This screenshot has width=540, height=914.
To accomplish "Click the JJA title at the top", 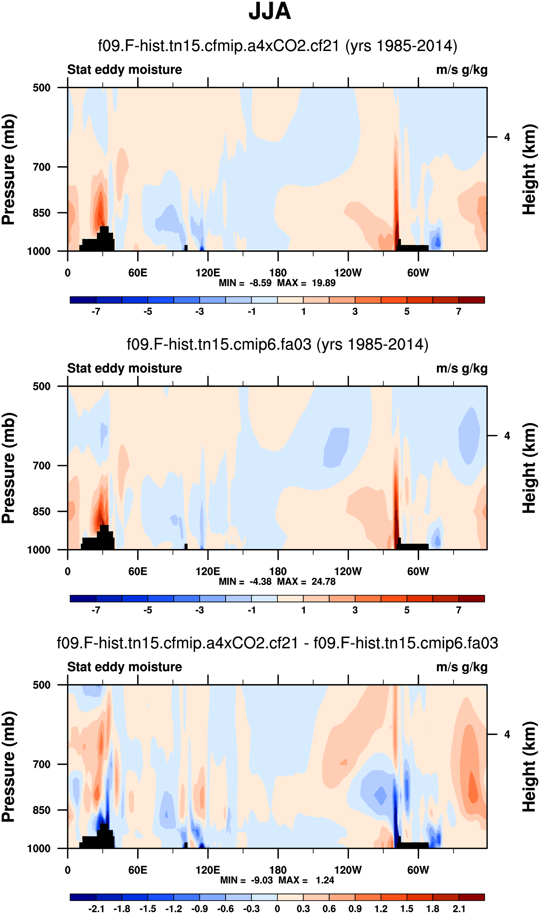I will (270, 12).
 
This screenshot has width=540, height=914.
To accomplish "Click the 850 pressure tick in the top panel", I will (41, 213).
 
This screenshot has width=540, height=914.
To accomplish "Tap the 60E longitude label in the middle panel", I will (137, 571).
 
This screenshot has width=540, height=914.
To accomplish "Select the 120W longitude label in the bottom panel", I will (348, 870).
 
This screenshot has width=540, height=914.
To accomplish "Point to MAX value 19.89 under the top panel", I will (323, 283).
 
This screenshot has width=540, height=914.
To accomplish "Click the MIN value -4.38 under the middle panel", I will (260, 581).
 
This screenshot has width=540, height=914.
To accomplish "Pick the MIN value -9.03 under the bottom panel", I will (262, 880).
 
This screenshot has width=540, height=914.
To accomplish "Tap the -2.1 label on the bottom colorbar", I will (96, 908).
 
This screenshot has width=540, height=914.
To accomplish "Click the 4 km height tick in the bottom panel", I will (507, 734).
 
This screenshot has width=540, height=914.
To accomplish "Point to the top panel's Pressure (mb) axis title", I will (9, 169).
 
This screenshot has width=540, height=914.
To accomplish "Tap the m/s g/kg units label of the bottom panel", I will (461, 667).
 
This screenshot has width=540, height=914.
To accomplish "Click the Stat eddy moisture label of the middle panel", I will (125, 368).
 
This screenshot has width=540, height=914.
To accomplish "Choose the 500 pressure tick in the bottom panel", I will (41, 685).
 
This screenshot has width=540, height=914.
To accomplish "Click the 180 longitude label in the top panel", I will (278, 273).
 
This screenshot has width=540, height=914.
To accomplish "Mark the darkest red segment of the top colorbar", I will (471, 300).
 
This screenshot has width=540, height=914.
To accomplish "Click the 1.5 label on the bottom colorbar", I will (407, 908).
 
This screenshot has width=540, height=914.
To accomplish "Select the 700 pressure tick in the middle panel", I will (41, 465).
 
